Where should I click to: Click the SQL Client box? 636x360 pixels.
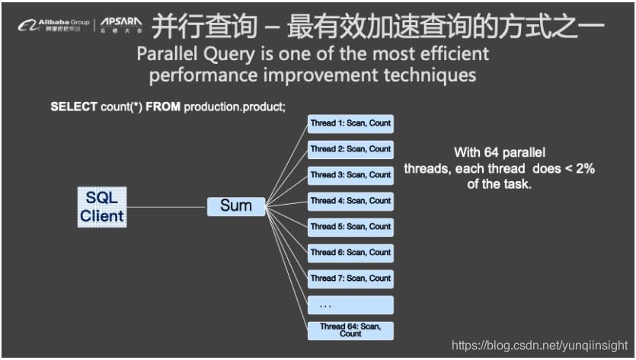coord(102,205)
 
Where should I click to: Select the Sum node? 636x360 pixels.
coord(236,205)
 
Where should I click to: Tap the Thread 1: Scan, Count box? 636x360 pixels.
coord(350,123)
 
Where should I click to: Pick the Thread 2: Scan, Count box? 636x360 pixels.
coord(350,149)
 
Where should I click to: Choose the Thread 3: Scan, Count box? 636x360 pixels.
coord(350,175)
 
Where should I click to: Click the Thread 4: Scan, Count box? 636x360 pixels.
coord(350,201)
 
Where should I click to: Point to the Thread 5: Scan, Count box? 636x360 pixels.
coord(350,227)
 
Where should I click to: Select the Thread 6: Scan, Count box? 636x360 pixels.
coord(350,253)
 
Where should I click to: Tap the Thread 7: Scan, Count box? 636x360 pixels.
coord(350,279)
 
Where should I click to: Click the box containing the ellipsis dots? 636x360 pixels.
coord(350,305)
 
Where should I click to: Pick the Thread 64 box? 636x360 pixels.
coord(350,330)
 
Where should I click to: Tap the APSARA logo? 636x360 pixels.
coord(121,25)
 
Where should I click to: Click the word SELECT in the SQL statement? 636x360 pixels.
coord(70,107)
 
